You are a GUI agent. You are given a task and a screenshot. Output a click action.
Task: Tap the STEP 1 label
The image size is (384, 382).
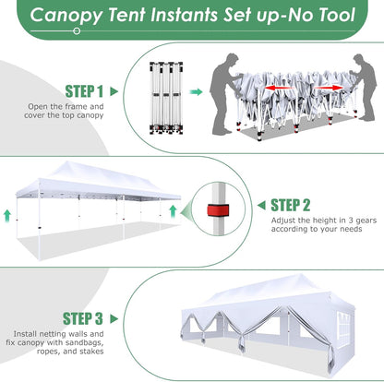point(84,91)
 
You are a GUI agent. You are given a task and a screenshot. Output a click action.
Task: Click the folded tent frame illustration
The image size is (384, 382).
point(167,92)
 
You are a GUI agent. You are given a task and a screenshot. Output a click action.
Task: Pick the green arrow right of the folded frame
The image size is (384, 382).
point(196,92)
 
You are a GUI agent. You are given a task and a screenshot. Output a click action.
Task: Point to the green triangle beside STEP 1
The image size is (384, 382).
point(114,91)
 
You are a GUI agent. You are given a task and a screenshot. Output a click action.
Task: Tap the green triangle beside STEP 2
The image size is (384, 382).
point(260,205)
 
